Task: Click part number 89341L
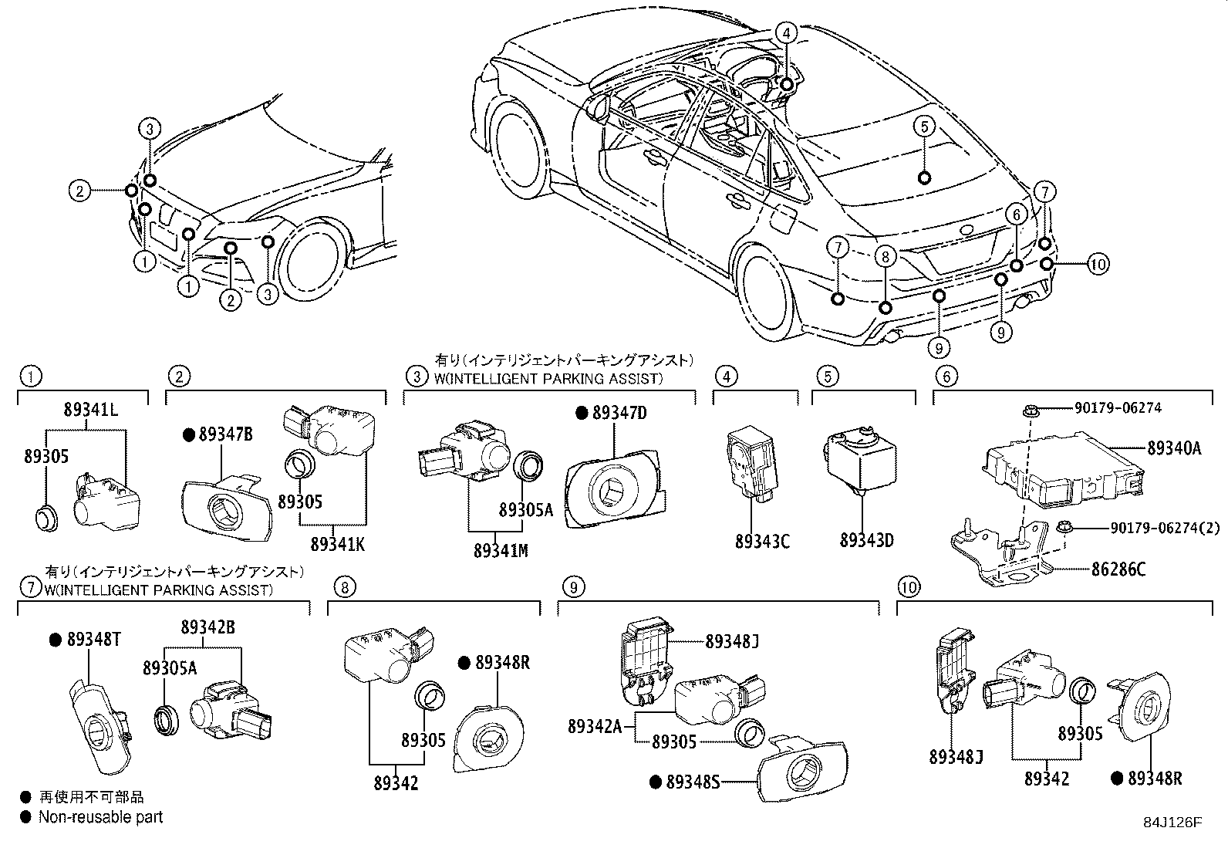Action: pyautogui.click(x=90, y=411)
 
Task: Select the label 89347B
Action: pyautogui.click(x=225, y=434)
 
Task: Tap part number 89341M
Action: pyautogui.click(x=501, y=550)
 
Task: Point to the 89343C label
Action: pyautogui.click(x=762, y=541)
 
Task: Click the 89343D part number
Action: pyautogui.click(x=866, y=539)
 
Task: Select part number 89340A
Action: pyautogui.click(x=1172, y=448)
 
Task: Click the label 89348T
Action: pyautogui.click(x=92, y=639)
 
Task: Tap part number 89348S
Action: pyautogui.click(x=692, y=782)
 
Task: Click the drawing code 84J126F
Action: pyautogui.click(x=1172, y=823)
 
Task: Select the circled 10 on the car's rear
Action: pyautogui.click(x=1098, y=264)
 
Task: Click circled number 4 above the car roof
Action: pyautogui.click(x=785, y=32)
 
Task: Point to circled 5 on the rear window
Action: pyautogui.click(x=925, y=126)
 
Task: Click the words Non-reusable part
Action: pyautogui.click(x=101, y=816)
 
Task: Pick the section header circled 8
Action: pyautogui.click(x=345, y=588)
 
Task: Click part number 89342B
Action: pyautogui.click(x=209, y=627)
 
